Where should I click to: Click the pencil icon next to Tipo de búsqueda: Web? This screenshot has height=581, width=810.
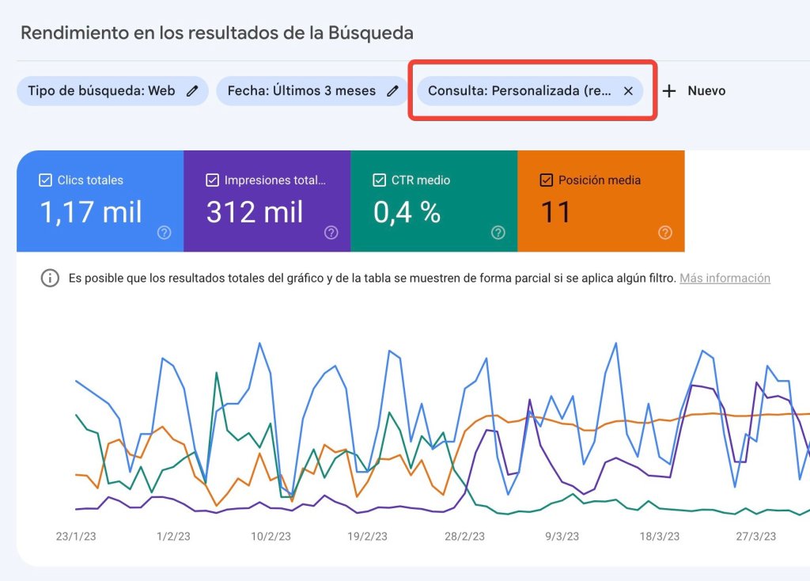[192, 91]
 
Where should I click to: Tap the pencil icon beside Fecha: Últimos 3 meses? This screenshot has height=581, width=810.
[392, 91]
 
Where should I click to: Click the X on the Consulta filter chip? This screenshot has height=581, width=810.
[628, 91]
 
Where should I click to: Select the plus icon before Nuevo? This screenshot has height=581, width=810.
[669, 91]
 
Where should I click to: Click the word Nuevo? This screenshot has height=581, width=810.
[706, 91]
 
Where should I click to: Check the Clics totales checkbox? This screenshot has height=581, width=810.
[45, 180]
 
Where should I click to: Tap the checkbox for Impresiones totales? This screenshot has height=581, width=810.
[212, 180]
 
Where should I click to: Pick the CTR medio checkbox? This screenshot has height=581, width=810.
[379, 180]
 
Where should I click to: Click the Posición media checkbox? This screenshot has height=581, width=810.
[546, 180]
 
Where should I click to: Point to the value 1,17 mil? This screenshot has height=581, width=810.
[91, 212]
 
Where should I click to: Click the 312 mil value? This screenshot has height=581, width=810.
[255, 212]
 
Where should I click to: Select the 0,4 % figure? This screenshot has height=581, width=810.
[407, 212]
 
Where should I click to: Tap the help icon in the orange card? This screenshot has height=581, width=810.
[665, 233]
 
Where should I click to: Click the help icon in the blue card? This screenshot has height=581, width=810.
[165, 233]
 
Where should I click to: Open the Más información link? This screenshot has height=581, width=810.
[725, 278]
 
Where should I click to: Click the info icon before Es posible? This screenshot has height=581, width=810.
[50, 278]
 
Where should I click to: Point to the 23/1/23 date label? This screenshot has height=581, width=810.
[76, 537]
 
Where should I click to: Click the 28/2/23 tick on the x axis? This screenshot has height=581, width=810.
[465, 537]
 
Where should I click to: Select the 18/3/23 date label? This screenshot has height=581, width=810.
[660, 537]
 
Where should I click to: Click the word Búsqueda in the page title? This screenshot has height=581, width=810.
[371, 33]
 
